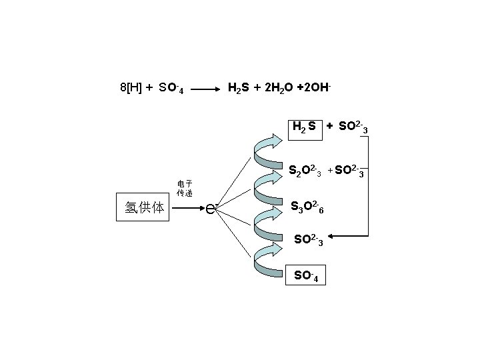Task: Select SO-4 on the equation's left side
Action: point(171,88)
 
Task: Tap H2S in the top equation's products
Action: point(240,87)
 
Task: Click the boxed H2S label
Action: point(304,127)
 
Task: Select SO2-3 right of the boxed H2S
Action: point(353,127)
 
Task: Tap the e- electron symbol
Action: point(211,208)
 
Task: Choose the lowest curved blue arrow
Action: point(271,260)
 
